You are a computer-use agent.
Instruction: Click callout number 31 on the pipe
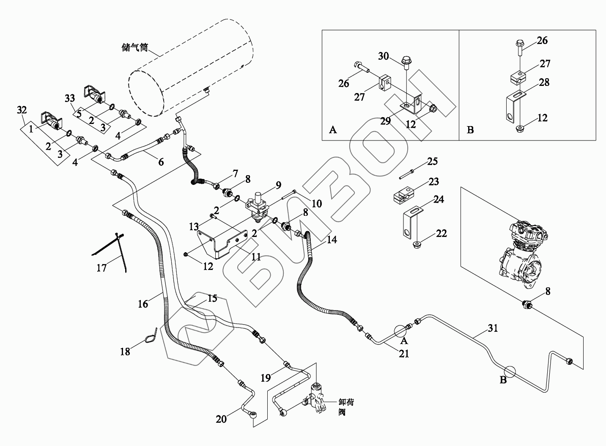pyautogui.click(x=493, y=328)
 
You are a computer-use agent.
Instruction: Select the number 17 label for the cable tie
pyautogui.click(x=101, y=267)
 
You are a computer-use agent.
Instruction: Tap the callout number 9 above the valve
pyautogui.click(x=278, y=185)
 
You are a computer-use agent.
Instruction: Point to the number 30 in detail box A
pyautogui.click(x=383, y=56)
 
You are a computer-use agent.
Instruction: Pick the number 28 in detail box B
pyautogui.click(x=544, y=82)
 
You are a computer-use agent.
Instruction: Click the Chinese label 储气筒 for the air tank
pyautogui.click(x=134, y=47)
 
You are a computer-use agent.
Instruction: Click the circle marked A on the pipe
pyautogui.click(x=400, y=330)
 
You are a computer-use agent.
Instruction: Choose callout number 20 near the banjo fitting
pyautogui.click(x=221, y=419)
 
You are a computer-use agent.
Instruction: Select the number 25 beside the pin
pyautogui.click(x=432, y=161)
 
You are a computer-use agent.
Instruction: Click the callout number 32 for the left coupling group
pyautogui.click(x=22, y=110)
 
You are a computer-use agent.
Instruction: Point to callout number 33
pyautogui.click(x=70, y=99)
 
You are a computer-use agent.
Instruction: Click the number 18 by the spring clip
pyautogui.click(x=125, y=351)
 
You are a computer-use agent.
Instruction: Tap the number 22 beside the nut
pyautogui.click(x=441, y=234)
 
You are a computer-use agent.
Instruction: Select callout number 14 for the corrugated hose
pyautogui.click(x=332, y=240)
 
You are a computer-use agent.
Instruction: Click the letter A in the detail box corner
pyautogui.click(x=333, y=130)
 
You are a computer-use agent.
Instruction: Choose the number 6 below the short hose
pyautogui.click(x=161, y=162)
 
